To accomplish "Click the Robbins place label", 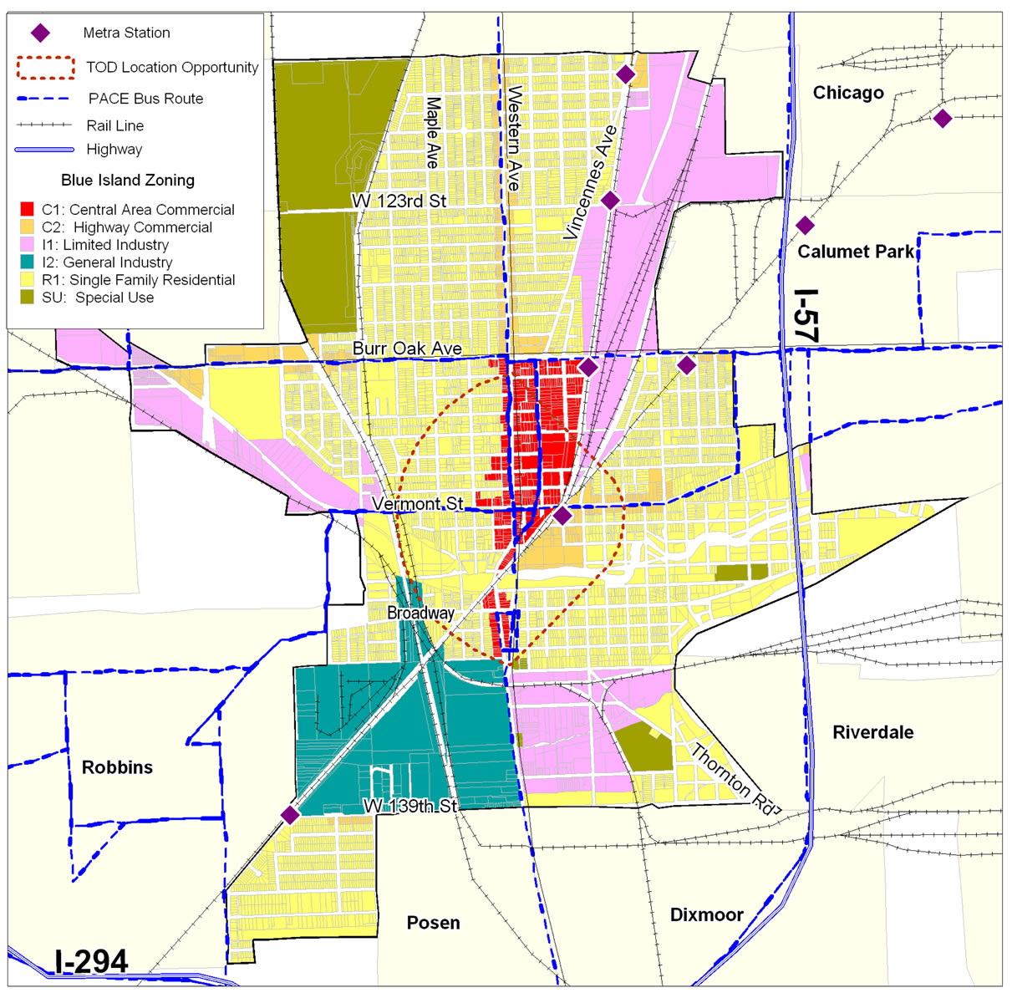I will point(117,767).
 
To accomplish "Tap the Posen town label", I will point(433,923).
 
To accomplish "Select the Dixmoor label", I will point(706,914).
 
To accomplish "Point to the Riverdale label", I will point(872,732).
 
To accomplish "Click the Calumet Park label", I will point(856,252).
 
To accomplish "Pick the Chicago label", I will point(848,93).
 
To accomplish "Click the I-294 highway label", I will point(91,961).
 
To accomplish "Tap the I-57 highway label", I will point(806,315).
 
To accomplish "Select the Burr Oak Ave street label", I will point(407,349).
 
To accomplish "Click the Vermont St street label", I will point(417,504).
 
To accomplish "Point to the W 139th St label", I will point(410,806).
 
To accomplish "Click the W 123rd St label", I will point(399,201).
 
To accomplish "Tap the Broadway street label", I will point(420,613).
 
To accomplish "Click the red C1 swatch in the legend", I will point(27,209).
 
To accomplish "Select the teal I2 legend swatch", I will point(27,262).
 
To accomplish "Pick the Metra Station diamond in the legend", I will point(40,33).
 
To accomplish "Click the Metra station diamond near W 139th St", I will point(290,815).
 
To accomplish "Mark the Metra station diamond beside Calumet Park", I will point(805,225).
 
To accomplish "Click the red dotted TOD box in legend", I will point(45,67).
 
